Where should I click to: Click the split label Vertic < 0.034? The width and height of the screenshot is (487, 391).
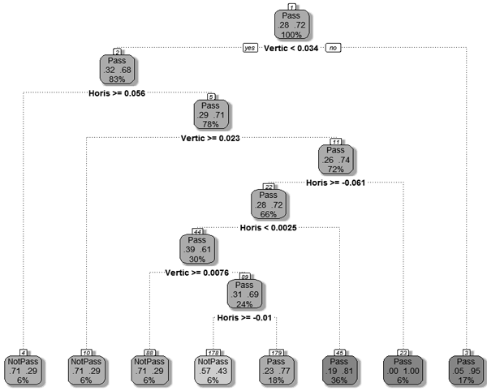(x=291, y=49)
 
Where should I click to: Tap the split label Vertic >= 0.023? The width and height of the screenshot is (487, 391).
(x=213, y=139)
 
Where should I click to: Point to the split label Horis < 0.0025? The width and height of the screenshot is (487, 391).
(x=274, y=228)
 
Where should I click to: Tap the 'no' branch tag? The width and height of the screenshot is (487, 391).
(x=333, y=49)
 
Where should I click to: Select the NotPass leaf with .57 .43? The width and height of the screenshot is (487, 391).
(x=212, y=367)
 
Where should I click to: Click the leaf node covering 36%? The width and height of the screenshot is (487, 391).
(x=338, y=367)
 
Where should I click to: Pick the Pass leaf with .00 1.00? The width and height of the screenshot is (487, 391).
(x=402, y=367)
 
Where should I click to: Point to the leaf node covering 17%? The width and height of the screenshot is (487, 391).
(x=465, y=367)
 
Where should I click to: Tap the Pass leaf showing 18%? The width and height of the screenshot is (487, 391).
(x=275, y=367)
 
